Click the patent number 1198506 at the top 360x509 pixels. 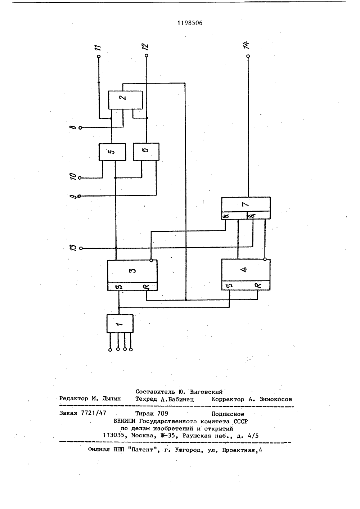point(190,23)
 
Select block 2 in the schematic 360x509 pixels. point(125,100)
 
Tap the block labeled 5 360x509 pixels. point(112,152)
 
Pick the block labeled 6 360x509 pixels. point(146,152)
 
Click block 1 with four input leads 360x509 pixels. point(120,324)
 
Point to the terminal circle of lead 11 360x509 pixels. point(99,57)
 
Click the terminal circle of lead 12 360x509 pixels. point(147,55)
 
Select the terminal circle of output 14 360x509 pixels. point(248,56)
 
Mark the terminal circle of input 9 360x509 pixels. point(79,196)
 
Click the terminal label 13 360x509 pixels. point(73,248)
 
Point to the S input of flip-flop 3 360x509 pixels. point(119,287)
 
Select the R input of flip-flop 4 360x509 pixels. point(258,285)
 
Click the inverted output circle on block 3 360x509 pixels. point(151,261)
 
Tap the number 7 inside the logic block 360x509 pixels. point(246,204)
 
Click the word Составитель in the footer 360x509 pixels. point(155,392)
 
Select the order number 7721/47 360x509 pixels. point(94,413)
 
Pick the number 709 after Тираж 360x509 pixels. point(163,413)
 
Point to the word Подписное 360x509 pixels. point(228,414)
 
